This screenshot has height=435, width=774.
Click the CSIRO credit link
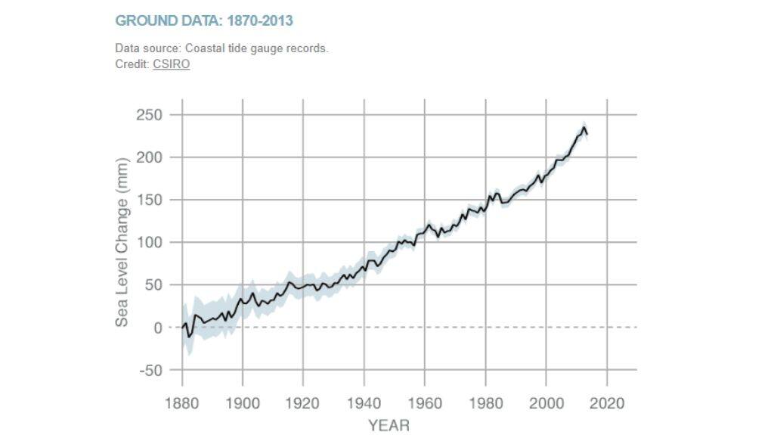(171, 64)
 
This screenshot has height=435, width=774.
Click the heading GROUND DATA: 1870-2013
(203, 20)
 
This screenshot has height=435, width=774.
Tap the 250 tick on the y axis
(150, 115)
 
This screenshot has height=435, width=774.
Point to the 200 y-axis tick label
(150, 157)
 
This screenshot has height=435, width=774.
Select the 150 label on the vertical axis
(150, 200)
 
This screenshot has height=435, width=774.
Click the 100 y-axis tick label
(150, 243)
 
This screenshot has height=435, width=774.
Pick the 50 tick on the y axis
(154, 285)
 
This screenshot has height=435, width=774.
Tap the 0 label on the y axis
(159, 328)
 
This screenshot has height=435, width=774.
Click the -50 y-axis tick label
(151, 371)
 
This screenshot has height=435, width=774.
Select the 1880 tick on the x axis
(182, 402)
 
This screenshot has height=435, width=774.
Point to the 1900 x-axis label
(243, 402)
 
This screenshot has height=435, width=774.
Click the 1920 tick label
(303, 402)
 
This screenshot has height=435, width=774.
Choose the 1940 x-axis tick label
(364, 402)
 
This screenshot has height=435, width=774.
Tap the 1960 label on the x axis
(424, 402)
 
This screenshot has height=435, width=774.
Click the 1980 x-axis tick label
(485, 402)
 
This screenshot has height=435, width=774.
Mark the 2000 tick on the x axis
(545, 402)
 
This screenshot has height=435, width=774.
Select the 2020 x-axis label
(606, 402)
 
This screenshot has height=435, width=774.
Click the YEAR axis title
(389, 425)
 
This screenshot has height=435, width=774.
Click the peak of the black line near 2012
(584, 128)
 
